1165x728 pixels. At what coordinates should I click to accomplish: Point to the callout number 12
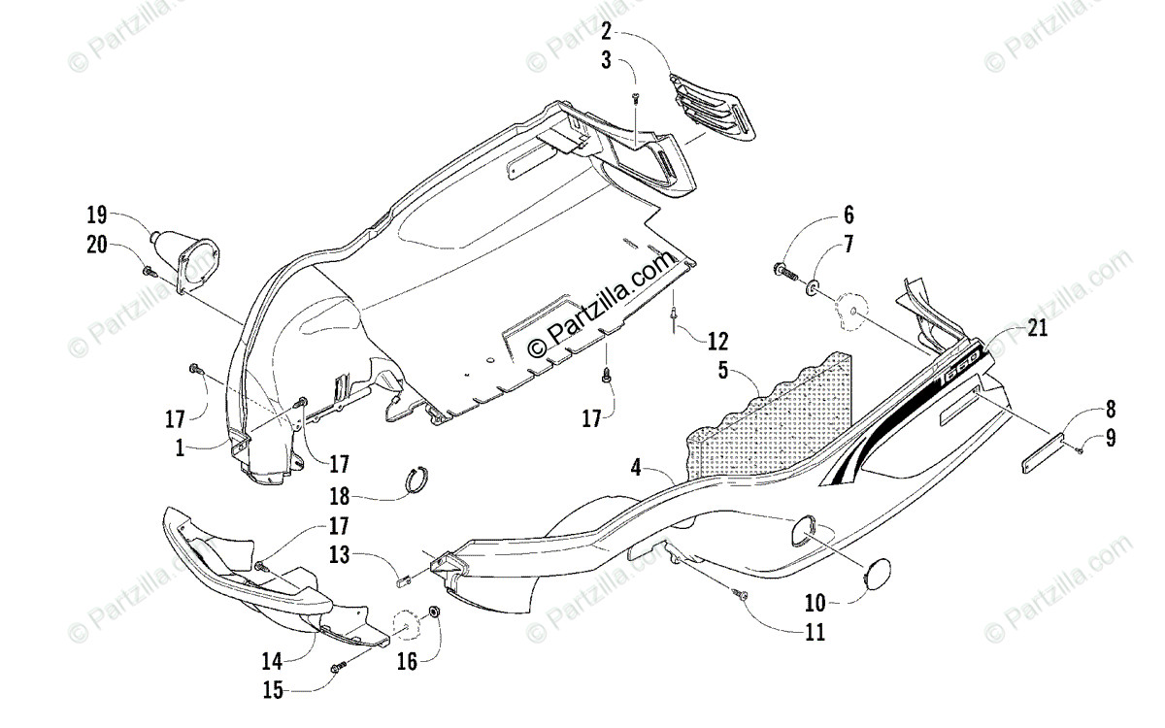coord(717,341)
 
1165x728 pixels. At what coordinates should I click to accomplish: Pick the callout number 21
coord(1038,329)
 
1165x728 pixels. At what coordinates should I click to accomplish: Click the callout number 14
coord(272,661)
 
